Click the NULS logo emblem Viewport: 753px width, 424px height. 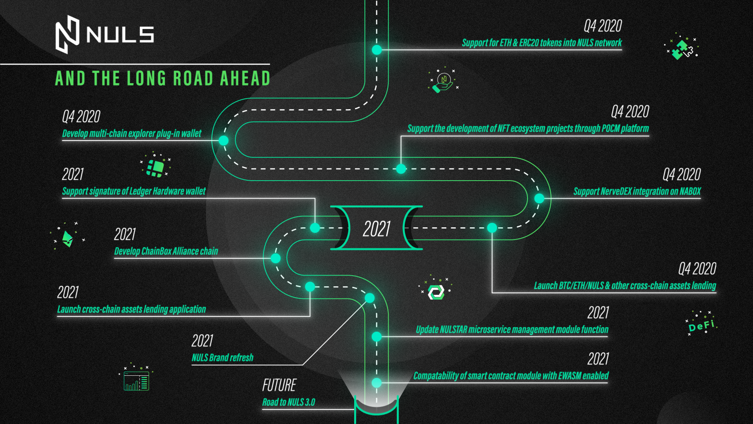[x=67, y=35]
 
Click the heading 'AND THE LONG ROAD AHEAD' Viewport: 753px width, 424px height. [x=163, y=78]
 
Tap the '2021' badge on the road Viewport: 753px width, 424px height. [x=376, y=228]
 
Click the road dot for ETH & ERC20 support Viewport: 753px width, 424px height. [x=376, y=50]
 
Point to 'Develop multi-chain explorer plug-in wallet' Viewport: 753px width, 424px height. [x=132, y=133]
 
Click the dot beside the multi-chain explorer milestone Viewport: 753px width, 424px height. [x=224, y=140]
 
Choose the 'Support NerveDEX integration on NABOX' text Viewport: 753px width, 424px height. [x=637, y=192]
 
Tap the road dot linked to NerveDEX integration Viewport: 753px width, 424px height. [x=539, y=199]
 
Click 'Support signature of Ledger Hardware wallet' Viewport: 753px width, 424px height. [x=134, y=191]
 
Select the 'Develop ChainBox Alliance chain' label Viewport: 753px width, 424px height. [x=166, y=251]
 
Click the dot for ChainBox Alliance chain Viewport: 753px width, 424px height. [x=276, y=258]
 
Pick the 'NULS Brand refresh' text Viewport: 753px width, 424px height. [x=222, y=358]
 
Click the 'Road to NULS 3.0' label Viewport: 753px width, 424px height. [x=289, y=402]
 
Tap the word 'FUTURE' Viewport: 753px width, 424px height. [x=279, y=385]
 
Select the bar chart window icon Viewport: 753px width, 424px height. [x=136, y=379]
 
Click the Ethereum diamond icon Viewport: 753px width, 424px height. [x=67, y=238]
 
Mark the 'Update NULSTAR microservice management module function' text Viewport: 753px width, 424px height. [x=512, y=330]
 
